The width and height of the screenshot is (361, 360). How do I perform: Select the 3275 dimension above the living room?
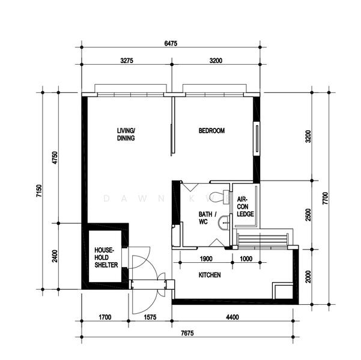(126, 61)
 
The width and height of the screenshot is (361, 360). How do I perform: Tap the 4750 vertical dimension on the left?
(54, 158)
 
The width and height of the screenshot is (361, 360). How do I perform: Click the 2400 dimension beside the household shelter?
(54, 257)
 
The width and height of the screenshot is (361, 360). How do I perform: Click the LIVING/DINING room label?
(126, 134)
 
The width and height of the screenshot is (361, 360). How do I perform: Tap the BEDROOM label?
(211, 131)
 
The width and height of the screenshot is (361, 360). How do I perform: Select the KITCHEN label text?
(210, 275)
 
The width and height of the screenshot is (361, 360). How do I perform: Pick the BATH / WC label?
(207, 217)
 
